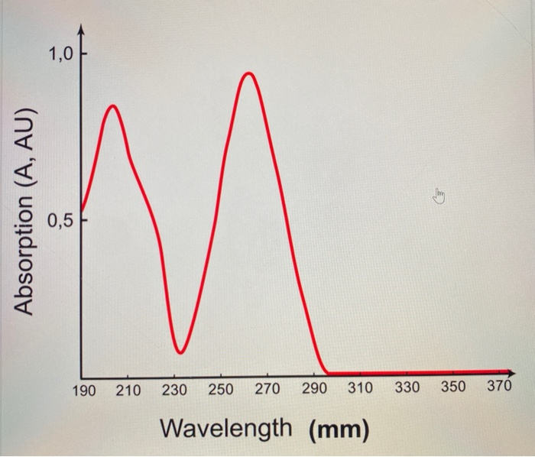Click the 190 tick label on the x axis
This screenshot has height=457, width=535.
[x=84, y=391]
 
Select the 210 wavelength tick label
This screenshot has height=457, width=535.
[x=128, y=391]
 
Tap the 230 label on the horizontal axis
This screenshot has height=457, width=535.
[x=174, y=391]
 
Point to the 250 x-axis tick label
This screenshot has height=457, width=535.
[x=221, y=391]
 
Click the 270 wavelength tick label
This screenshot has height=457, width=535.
[x=267, y=391]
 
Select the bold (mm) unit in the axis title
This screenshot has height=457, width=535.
[x=339, y=429]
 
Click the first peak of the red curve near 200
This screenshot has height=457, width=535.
[x=112, y=106]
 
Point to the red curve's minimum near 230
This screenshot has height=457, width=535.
[x=180, y=352]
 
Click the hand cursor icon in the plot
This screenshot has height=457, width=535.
[x=439, y=198]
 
